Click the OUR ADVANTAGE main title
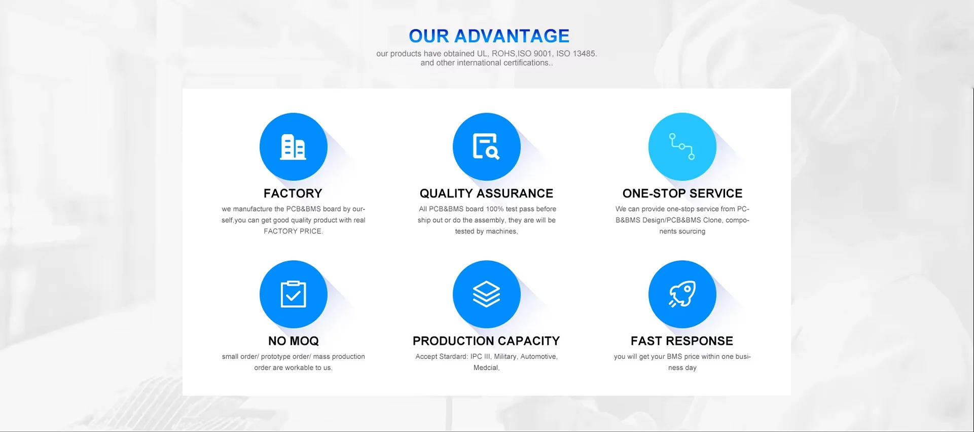489,36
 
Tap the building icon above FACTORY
294,147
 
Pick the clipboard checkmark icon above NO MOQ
294,294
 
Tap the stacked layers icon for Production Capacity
487,294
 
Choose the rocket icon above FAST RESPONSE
682,294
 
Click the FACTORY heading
293,193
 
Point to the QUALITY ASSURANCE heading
487,193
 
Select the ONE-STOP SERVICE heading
682,193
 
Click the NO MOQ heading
294,341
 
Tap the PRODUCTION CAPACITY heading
486,341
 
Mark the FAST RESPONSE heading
682,341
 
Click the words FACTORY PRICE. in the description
293,231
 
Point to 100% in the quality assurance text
495,209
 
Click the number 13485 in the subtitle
585,54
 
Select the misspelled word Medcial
486,368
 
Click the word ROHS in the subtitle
503,54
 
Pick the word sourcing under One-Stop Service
692,232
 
